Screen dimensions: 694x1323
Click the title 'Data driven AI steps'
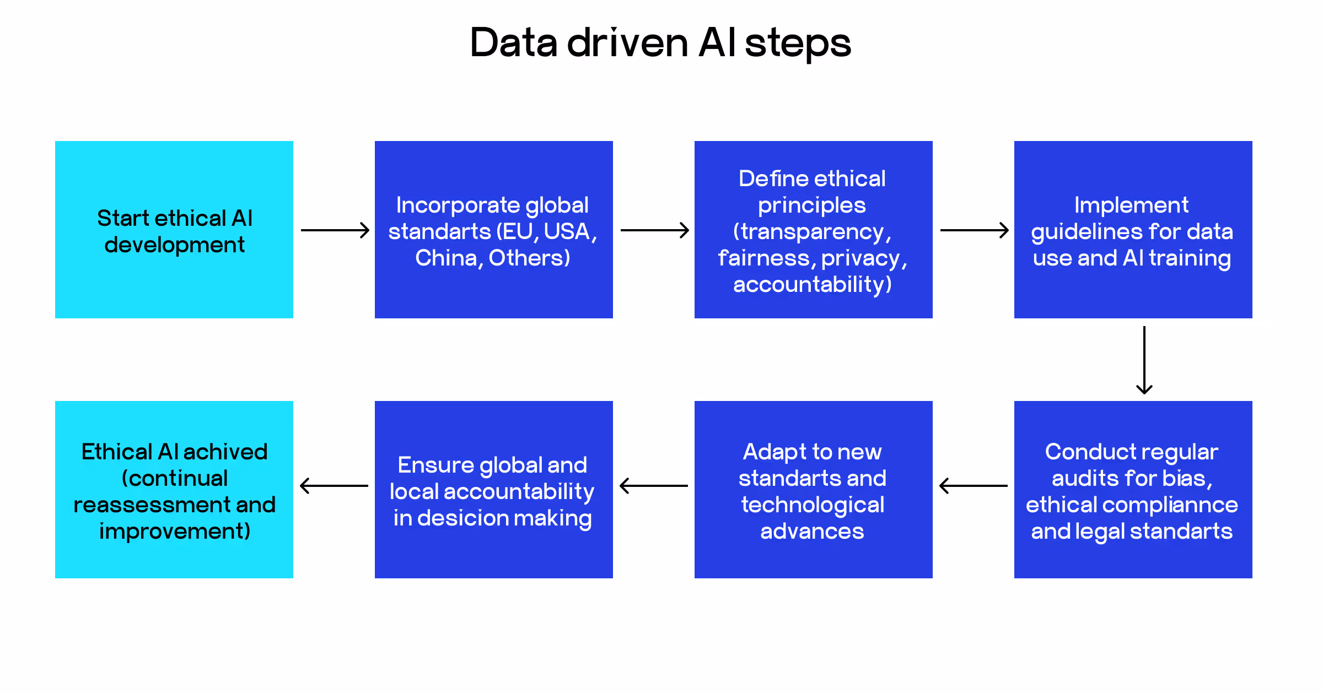click(x=660, y=43)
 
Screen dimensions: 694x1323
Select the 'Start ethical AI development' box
click(x=174, y=230)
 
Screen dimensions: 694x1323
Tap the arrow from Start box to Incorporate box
click(x=335, y=230)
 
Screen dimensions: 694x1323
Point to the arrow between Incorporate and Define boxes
click(x=654, y=230)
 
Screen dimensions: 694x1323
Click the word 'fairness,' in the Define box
click(x=767, y=258)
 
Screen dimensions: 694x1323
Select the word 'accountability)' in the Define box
click(x=813, y=284)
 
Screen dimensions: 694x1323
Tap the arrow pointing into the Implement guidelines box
click(x=974, y=230)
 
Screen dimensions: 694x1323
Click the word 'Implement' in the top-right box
click(x=1131, y=205)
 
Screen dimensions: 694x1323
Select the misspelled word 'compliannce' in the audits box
click(x=1170, y=505)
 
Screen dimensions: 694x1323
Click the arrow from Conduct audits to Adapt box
click(x=974, y=486)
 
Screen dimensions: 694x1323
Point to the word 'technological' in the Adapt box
click(x=813, y=505)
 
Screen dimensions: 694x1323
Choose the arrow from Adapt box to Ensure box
click(x=654, y=486)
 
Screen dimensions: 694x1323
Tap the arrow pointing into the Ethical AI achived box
click(x=334, y=486)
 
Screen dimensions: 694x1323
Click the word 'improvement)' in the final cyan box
click(x=174, y=531)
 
